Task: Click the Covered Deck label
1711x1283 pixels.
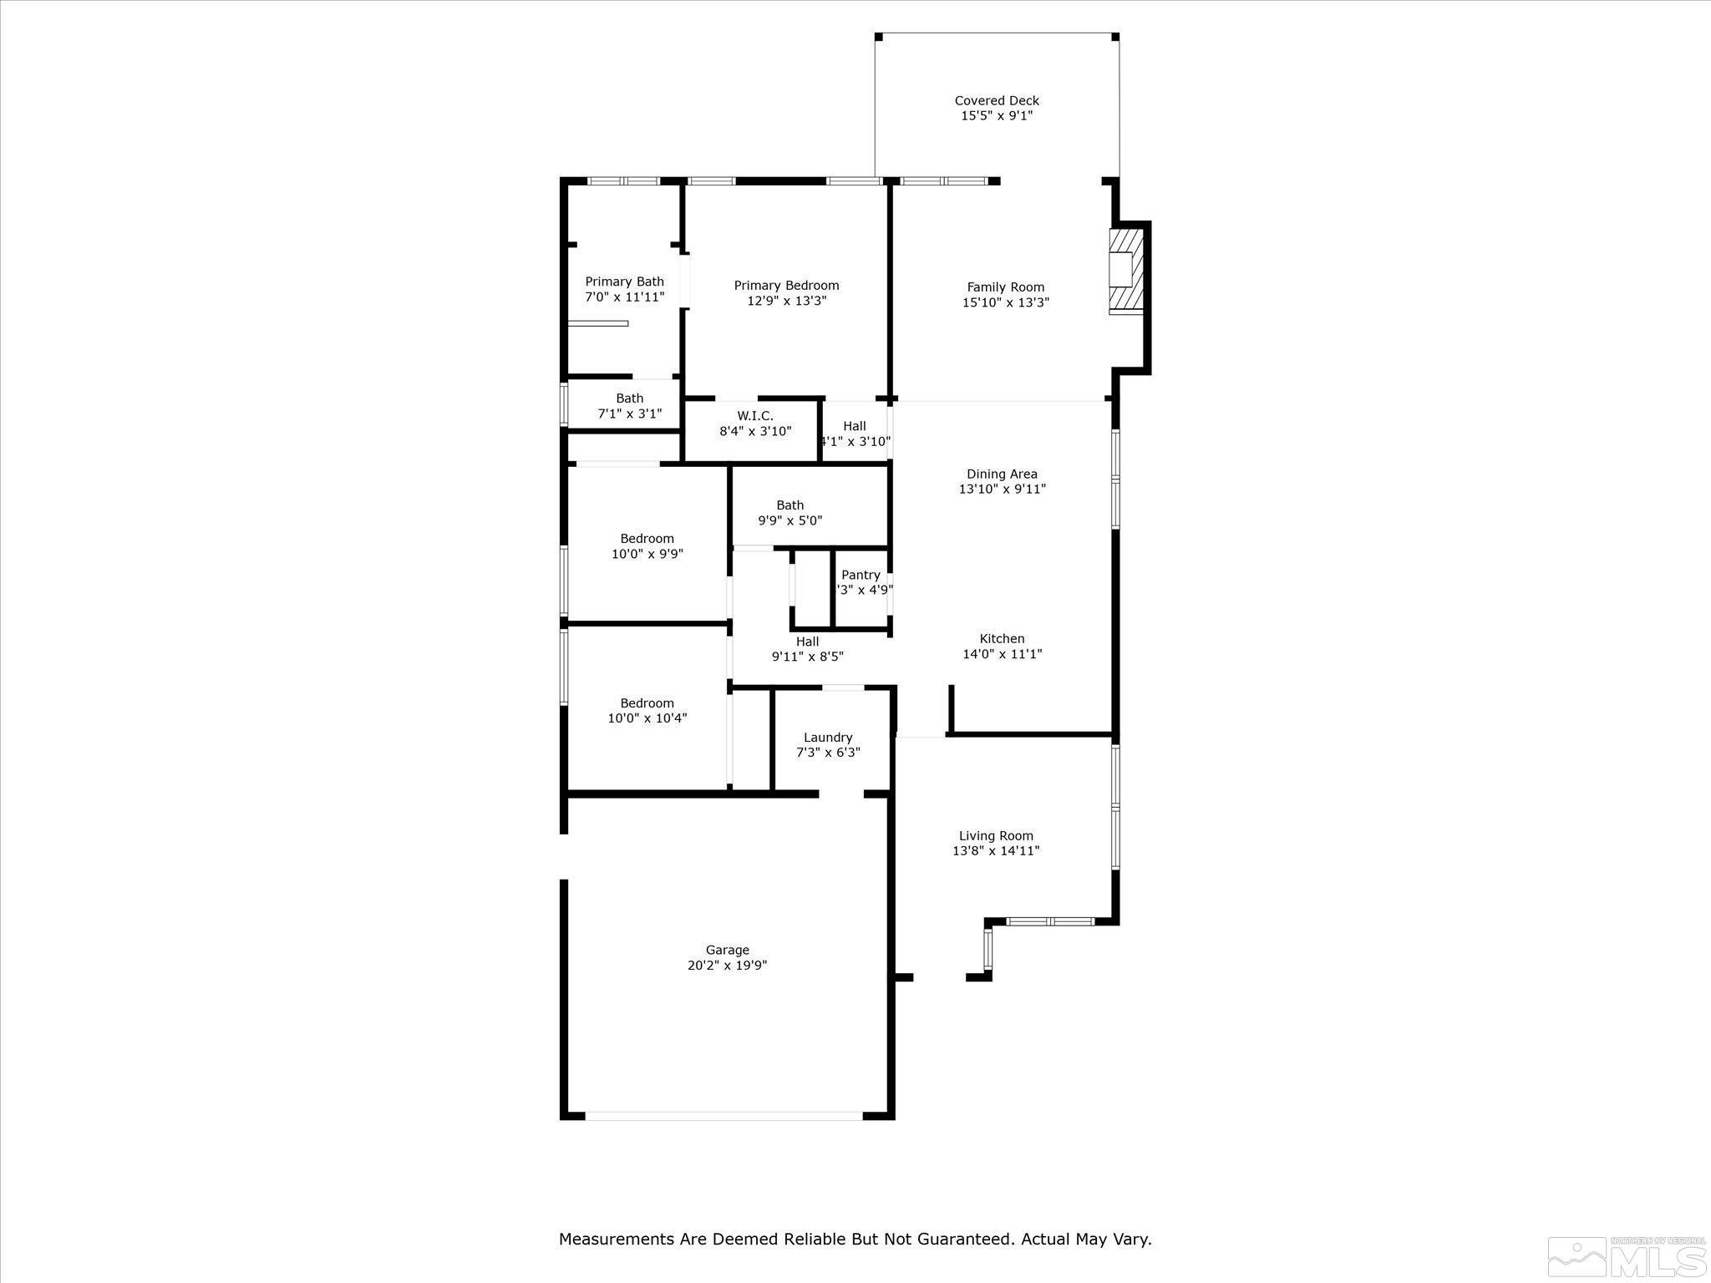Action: pos(997,101)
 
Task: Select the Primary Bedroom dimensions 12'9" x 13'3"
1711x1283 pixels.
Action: pos(786,301)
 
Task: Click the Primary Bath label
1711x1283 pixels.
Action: pos(624,282)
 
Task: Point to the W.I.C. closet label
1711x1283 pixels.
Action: pos(754,416)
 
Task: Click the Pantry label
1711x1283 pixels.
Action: pos(861,575)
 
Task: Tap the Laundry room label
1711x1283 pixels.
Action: pos(828,738)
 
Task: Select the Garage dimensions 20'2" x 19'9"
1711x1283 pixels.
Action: pos(727,966)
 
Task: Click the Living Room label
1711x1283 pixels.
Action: pos(996,836)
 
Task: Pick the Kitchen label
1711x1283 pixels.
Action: pos(1002,639)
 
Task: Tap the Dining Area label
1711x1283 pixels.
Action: pos(1002,474)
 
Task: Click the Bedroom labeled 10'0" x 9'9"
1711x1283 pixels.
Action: pos(647,546)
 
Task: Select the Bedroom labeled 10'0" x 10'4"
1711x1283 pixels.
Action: pos(647,711)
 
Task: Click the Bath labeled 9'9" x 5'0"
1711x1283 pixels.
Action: pos(789,513)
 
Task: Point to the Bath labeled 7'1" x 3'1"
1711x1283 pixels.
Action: pos(629,406)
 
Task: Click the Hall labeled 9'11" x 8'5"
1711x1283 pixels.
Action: pos(807,649)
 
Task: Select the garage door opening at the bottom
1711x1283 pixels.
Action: pos(723,1115)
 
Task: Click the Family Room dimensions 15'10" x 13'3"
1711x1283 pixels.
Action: pos(1005,302)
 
